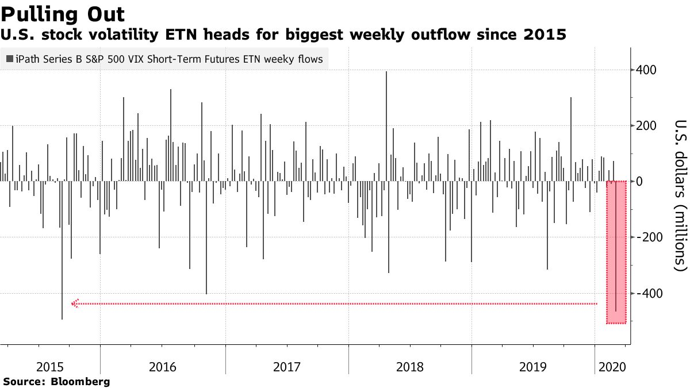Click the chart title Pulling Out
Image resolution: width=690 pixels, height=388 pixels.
(x=63, y=13)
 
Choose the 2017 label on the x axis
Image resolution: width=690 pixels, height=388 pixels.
(x=287, y=366)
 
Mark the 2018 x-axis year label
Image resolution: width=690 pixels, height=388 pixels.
(x=411, y=366)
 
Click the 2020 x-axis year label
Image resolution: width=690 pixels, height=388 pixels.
(x=613, y=366)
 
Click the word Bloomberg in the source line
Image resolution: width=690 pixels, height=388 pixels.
(x=80, y=381)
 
